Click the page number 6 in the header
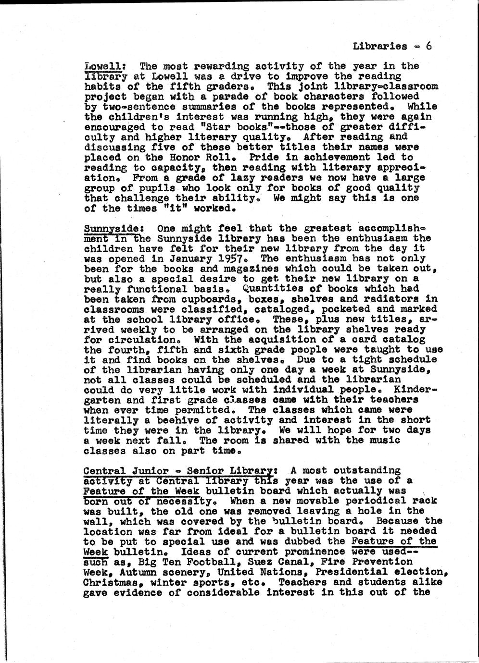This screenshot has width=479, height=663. pyautogui.click(x=429, y=46)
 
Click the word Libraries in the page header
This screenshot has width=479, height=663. pyautogui.click(x=380, y=47)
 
